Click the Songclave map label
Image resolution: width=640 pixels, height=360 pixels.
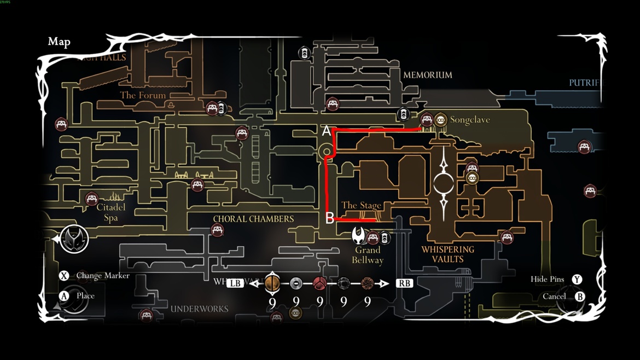(x=469, y=120)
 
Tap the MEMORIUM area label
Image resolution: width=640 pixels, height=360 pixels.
(x=427, y=75)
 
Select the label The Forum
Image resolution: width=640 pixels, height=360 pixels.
(x=143, y=95)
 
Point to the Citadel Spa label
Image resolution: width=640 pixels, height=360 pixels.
(x=111, y=212)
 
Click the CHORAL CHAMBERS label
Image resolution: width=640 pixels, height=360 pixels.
(x=253, y=219)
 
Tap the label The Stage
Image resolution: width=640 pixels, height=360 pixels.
(x=361, y=206)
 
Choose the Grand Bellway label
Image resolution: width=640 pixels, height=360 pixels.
(x=368, y=255)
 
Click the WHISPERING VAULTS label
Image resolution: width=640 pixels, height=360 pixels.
(x=447, y=254)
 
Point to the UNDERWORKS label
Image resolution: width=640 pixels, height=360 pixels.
(x=199, y=309)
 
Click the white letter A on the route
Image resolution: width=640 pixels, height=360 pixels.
(x=327, y=131)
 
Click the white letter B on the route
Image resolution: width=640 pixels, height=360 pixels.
(x=329, y=218)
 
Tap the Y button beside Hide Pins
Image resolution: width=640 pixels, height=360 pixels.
(x=577, y=280)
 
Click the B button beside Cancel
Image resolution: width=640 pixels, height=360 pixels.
(x=579, y=297)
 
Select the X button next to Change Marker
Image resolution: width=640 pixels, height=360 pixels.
(x=64, y=276)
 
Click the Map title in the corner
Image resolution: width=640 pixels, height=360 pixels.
(x=59, y=42)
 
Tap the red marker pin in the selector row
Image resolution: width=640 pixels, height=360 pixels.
(x=319, y=283)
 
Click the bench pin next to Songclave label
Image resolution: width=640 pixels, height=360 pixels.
(x=427, y=119)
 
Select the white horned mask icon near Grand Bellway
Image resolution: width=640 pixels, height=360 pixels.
(x=359, y=236)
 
